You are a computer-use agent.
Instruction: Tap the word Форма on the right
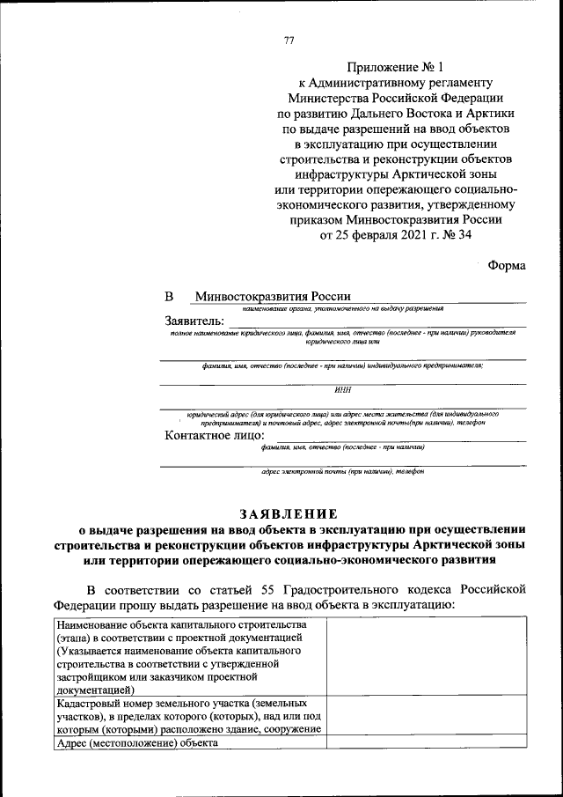coord(507,266)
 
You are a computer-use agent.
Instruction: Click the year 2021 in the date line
coord(404,235)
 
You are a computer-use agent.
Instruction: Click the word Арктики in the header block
coord(489,114)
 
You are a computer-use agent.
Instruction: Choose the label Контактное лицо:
coord(215,435)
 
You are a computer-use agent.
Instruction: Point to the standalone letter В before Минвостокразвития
coord(170,297)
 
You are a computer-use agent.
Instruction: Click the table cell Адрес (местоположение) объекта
coord(136,742)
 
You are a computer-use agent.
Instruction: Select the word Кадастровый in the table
coord(89,704)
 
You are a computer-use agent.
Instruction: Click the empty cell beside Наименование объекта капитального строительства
coord(427,656)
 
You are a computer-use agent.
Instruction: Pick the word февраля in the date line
coord(361,235)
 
